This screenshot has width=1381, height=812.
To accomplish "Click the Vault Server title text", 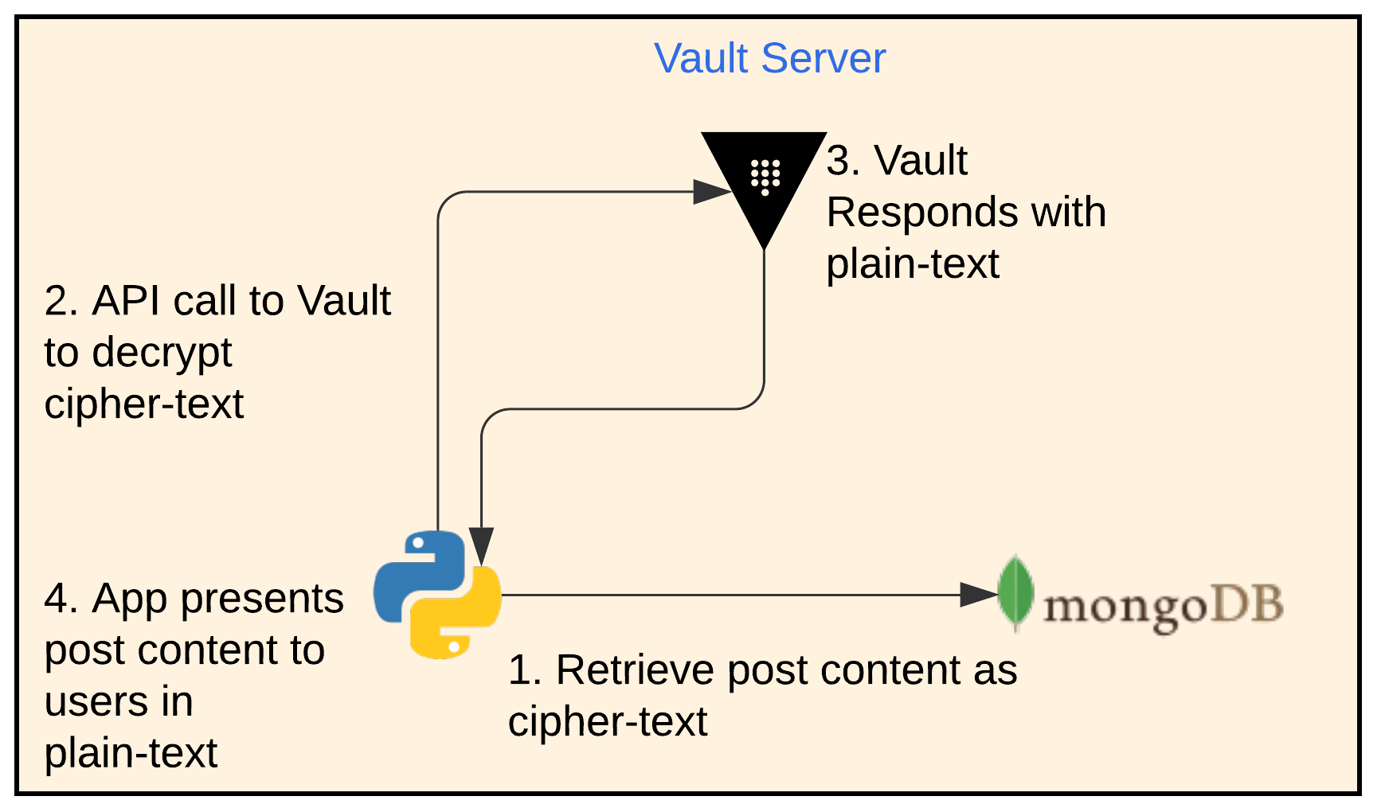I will [x=769, y=58].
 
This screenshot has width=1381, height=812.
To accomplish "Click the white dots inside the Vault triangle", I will [x=765, y=176].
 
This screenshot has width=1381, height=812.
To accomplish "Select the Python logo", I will [x=437, y=595].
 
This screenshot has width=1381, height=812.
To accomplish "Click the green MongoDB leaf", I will [x=1015, y=593].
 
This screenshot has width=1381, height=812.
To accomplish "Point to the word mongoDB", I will [x=1163, y=607].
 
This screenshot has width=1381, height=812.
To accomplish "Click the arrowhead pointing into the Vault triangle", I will [x=712, y=192].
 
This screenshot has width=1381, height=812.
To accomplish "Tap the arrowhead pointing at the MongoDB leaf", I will [x=978, y=595].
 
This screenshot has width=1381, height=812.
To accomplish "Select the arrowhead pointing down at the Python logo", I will [x=481, y=546].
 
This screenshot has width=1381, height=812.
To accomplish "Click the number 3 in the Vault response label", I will [x=841, y=161].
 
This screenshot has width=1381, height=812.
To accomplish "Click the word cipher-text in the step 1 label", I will [x=608, y=721].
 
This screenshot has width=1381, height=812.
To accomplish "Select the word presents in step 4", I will [x=262, y=600].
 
